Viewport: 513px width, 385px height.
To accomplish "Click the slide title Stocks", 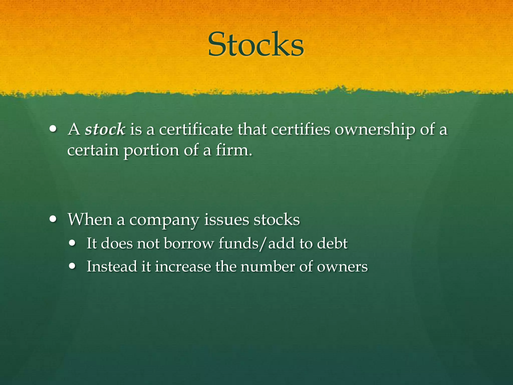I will coord(256,45).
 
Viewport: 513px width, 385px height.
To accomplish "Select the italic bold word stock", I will coord(105,130).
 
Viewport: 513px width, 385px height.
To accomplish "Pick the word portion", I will coord(151,151).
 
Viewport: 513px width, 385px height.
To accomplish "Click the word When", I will coord(90,220).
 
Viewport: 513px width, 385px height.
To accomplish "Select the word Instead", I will coord(112,266).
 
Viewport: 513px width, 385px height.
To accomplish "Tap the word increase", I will coord(183,266).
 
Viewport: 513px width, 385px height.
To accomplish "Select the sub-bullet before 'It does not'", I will coord(73,243).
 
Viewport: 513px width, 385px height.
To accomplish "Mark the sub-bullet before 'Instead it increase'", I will coord(73,266).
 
